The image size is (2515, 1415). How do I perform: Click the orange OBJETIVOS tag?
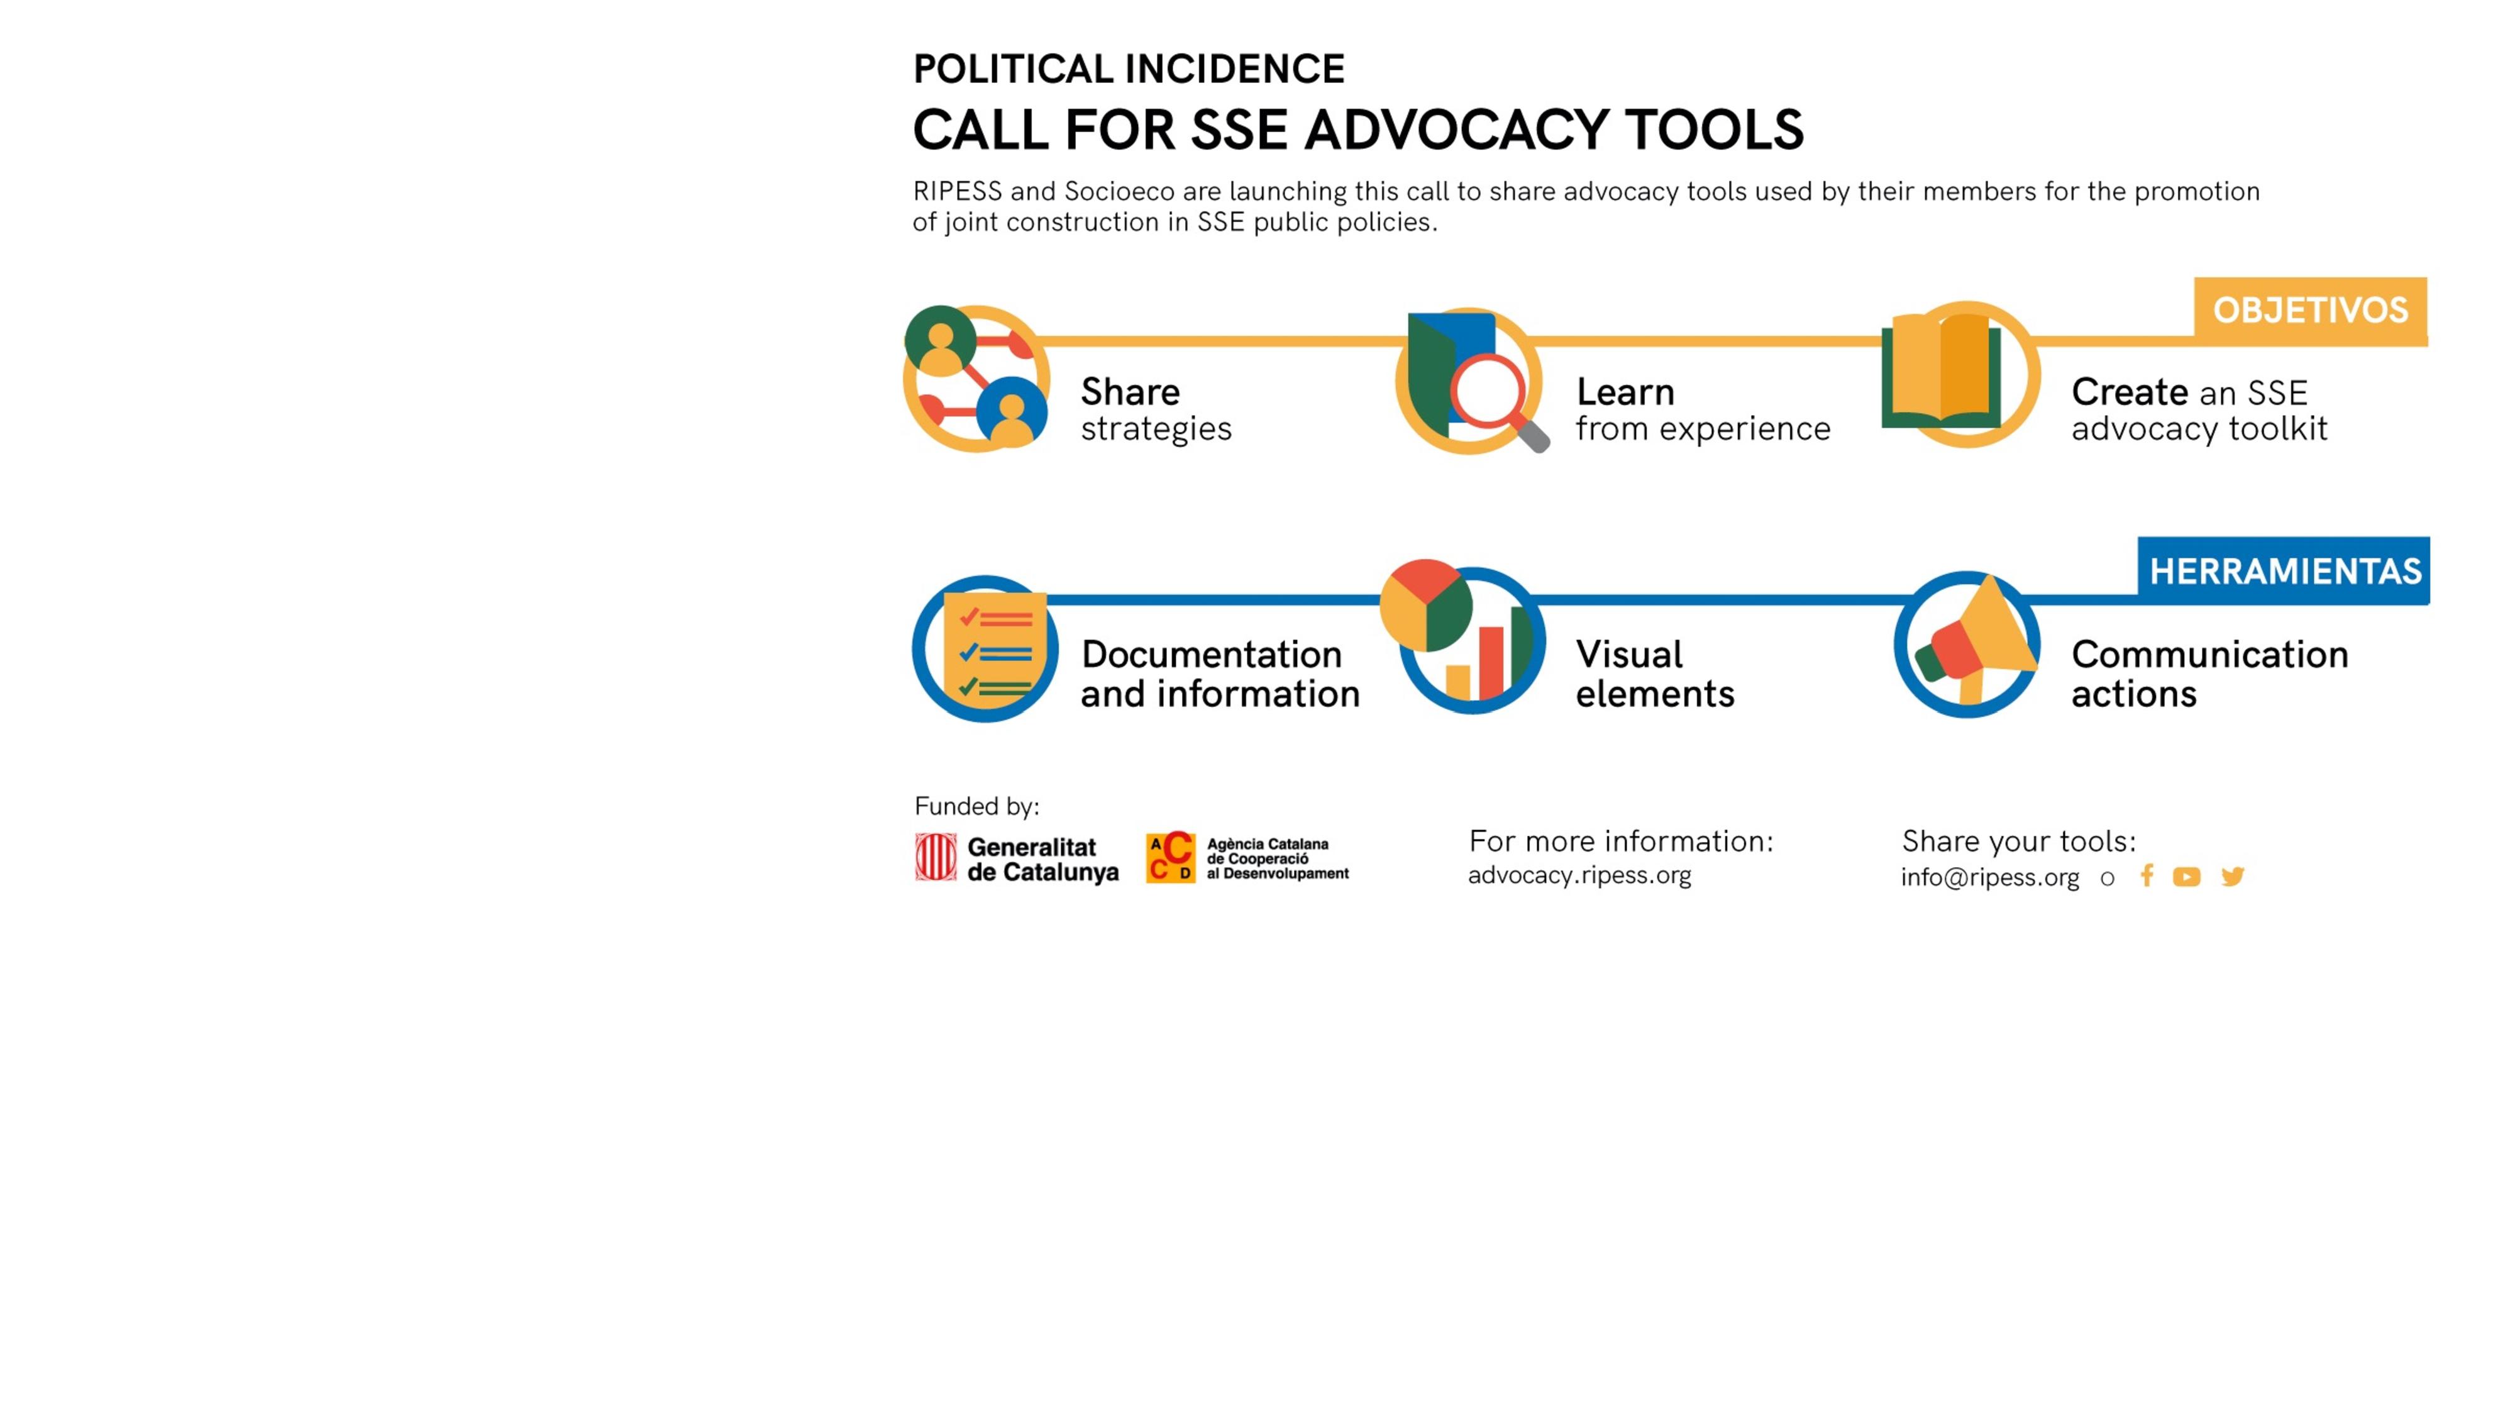click(x=2310, y=311)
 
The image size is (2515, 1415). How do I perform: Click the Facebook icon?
click(x=2146, y=876)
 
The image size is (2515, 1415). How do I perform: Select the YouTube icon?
click(x=2187, y=877)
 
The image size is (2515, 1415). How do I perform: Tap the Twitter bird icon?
click(x=2233, y=876)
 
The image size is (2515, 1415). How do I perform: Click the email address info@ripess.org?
click(x=1990, y=877)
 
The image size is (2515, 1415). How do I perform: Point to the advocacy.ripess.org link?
click(x=1579, y=875)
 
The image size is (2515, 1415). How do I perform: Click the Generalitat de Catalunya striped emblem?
click(x=936, y=857)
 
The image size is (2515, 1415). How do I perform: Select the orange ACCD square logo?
click(x=1169, y=857)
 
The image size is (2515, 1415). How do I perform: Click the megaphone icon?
click(x=1977, y=640)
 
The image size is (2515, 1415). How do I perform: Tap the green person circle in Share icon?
click(x=940, y=340)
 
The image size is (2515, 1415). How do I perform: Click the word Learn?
click(x=1625, y=392)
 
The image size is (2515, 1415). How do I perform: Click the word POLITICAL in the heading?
click(x=1014, y=69)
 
